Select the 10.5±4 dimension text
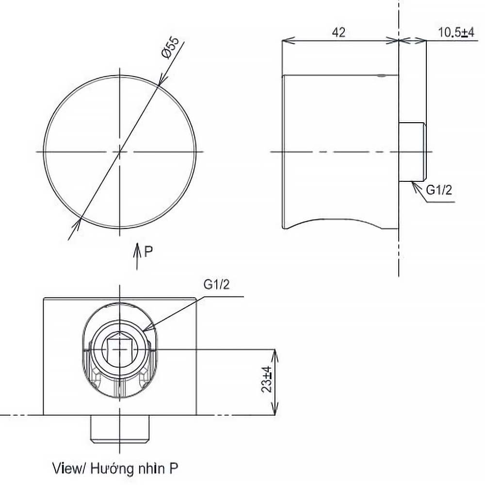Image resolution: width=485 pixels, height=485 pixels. (456, 32)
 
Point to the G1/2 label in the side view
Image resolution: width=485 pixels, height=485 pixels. (439, 190)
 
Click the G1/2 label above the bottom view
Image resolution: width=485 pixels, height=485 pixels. (216, 285)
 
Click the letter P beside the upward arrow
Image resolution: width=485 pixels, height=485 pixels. (149, 251)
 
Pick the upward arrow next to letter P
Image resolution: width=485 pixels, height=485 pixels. (138, 255)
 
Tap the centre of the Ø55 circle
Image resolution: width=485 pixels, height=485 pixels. (120, 152)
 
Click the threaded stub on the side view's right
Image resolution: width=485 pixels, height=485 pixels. (412, 152)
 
